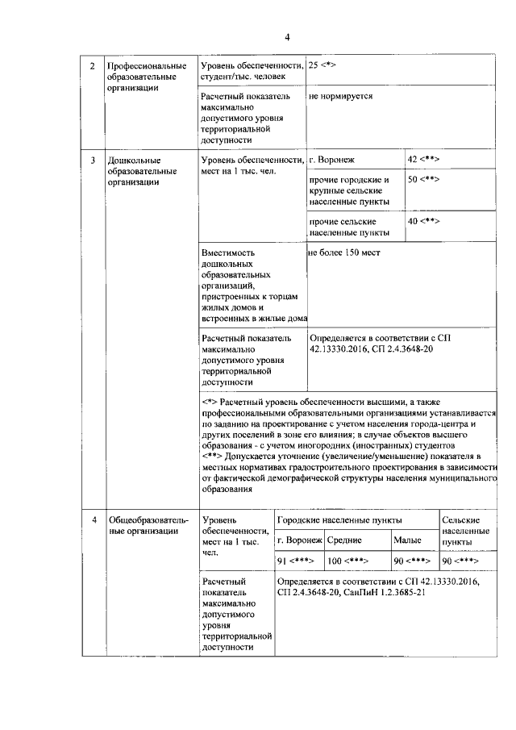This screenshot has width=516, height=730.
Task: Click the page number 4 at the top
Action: click(x=286, y=36)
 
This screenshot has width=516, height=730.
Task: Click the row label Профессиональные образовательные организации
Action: click(x=146, y=77)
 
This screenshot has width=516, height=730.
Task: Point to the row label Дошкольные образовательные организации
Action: click(x=141, y=171)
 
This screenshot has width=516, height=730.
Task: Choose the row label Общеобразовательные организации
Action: click(x=148, y=525)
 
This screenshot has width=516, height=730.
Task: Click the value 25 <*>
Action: click(x=323, y=65)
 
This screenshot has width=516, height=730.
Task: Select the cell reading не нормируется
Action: click(x=340, y=95)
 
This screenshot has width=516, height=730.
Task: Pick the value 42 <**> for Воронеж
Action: click(x=423, y=160)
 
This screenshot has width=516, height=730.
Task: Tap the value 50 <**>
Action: click(x=423, y=179)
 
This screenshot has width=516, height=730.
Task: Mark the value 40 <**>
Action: click(x=423, y=221)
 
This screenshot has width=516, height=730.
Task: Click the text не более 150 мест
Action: click(x=344, y=252)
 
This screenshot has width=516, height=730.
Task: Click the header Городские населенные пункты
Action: click(x=341, y=520)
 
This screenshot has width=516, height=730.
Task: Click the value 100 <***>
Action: click(x=347, y=561)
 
